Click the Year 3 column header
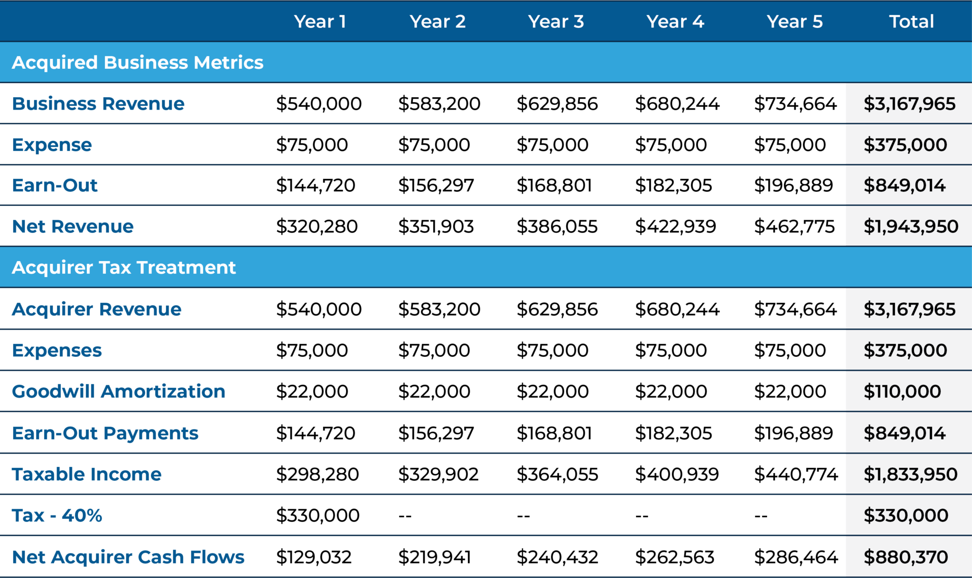tap(556, 21)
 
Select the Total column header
tap(911, 21)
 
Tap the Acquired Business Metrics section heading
tap(138, 62)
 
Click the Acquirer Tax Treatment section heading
tap(124, 268)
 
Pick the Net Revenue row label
tap(73, 226)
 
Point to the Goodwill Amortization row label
tap(118, 392)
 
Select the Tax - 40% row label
tap(57, 515)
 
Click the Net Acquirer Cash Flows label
tap(128, 557)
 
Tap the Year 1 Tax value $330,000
tap(318, 515)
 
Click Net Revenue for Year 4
tap(675, 226)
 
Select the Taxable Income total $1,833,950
tap(910, 474)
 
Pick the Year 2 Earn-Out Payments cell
tap(436, 433)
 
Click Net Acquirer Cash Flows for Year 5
tap(796, 557)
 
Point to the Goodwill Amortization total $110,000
tap(902, 392)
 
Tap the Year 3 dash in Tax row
tap(523, 515)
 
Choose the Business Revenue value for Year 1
tap(318, 103)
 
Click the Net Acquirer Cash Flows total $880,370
tap(906, 557)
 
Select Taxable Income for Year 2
tap(438, 474)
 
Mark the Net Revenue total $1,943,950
tap(911, 226)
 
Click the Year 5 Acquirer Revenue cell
tap(795, 309)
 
